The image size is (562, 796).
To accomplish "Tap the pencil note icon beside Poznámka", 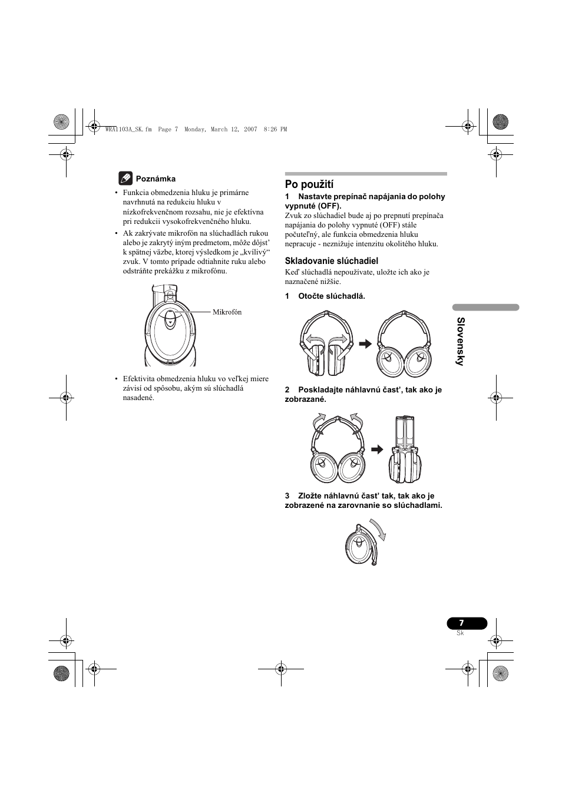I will (125, 178).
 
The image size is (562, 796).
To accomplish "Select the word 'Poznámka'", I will (156, 179).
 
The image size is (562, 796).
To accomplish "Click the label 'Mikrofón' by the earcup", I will (227, 312).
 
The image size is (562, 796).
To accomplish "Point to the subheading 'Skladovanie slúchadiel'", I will (331, 260).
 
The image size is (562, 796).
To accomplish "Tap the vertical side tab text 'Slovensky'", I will (461, 342).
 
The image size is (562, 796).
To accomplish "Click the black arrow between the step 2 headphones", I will (376, 450).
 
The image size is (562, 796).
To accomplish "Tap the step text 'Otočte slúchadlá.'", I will (331, 296).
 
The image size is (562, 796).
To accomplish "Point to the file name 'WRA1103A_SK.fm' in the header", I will (126, 129).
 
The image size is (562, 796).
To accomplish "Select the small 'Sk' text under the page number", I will (461, 633).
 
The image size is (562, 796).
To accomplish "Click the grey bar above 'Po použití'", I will (366, 174).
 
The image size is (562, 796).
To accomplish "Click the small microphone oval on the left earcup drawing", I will (170, 318).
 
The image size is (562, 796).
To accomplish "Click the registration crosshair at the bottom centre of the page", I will (281, 669).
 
